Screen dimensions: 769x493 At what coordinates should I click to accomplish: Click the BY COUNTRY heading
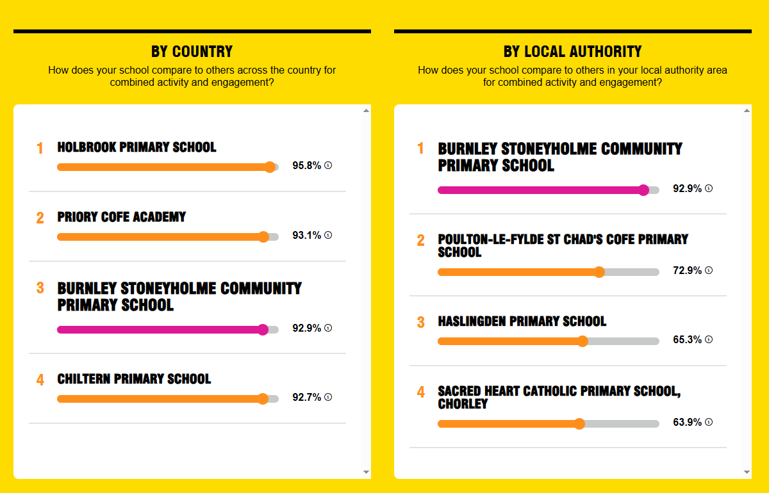[x=192, y=51]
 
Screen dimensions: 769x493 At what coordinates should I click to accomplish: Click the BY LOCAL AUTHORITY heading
[x=573, y=51]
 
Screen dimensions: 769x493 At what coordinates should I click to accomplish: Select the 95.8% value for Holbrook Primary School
[x=306, y=165]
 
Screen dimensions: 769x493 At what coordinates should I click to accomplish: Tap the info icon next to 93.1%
[x=328, y=235]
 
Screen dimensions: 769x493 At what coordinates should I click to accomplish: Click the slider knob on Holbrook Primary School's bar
[x=270, y=167]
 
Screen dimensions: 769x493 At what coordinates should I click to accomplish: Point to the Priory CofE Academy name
[x=122, y=217]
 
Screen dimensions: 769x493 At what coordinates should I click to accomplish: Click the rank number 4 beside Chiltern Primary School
[x=40, y=380]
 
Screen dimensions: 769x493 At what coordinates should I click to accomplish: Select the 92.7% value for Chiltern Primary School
[x=306, y=398]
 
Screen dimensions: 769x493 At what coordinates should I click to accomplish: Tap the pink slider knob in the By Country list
[x=263, y=330]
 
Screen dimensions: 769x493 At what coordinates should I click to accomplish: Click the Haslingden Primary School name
[x=522, y=321]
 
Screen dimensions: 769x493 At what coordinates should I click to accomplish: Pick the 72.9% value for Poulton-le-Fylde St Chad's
[x=687, y=270]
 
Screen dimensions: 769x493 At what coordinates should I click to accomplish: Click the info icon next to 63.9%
[x=709, y=422]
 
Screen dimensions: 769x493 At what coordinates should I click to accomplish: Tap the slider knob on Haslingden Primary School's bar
[x=583, y=341]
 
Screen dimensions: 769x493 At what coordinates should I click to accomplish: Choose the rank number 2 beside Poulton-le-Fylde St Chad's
[x=421, y=240]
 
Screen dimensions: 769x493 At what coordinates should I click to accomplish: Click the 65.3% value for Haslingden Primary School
[x=687, y=339]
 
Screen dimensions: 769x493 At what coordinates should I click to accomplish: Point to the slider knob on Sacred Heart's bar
[x=579, y=424]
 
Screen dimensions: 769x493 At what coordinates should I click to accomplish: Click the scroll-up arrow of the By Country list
[x=367, y=111]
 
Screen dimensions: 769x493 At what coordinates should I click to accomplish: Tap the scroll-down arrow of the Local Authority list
[x=747, y=472]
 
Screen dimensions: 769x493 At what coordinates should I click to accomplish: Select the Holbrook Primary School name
[x=136, y=147]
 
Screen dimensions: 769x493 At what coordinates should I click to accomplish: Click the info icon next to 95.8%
[x=328, y=165]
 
